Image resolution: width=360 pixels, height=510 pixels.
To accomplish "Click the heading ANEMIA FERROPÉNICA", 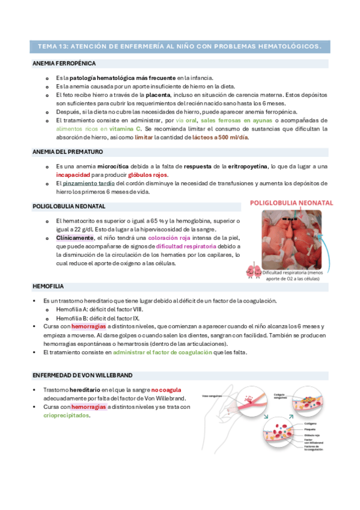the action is point(63,63).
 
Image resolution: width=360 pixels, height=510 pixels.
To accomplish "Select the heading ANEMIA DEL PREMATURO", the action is point(67,152).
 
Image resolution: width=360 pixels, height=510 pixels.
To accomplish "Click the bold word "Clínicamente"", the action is point(75,238).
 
